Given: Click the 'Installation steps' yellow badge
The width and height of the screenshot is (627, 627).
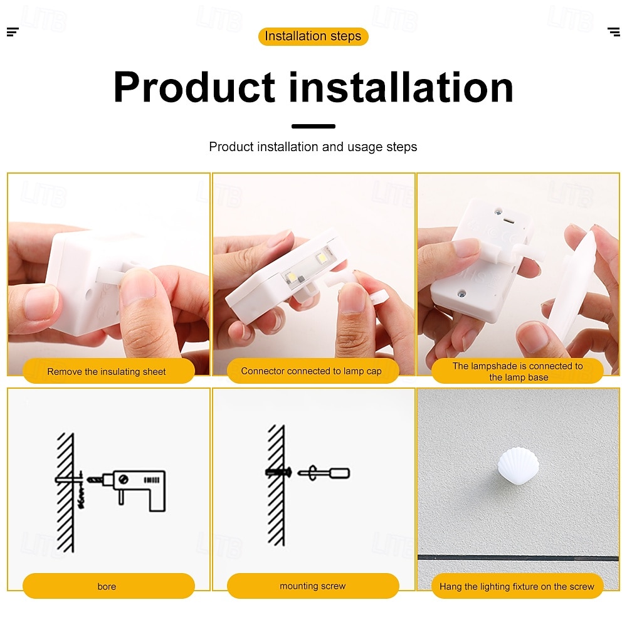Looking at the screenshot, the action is [313, 36].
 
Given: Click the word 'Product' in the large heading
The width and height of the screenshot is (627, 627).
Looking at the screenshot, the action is [194, 87].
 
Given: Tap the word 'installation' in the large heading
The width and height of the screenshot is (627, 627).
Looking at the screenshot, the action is [401, 87].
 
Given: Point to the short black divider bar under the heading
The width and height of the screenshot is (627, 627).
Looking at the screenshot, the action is [313, 127].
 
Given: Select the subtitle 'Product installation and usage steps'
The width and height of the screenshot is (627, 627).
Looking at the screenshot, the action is [313, 147].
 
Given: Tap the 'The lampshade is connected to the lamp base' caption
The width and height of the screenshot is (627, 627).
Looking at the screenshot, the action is [517, 371].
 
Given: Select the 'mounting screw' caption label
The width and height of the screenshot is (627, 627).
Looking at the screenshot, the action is [313, 586].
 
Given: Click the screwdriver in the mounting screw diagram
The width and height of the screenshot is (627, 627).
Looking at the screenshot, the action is [324, 473].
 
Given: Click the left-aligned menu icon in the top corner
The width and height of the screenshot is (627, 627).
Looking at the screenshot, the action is [13, 32].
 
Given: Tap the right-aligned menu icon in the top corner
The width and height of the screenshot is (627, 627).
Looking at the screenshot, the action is [614, 32].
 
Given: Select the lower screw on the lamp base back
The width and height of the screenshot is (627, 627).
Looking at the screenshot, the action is [462, 294].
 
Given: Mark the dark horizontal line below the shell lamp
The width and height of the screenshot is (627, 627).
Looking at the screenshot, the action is [519, 557].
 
